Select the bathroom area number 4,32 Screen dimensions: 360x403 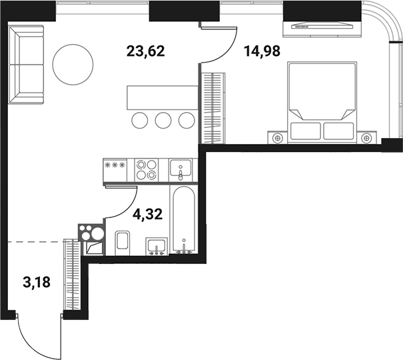(x=149, y=215)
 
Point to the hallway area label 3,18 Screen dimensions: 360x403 (x=37, y=282)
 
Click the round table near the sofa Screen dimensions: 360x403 (x=72, y=65)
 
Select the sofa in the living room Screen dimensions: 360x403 (x=27, y=65)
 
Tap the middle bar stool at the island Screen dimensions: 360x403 (x=163, y=121)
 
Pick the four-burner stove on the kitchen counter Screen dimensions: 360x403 (x=147, y=169)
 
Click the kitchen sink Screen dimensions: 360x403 (x=181, y=169)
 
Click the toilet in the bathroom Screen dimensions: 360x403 (x=122, y=241)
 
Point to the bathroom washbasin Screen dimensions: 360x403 (x=157, y=246)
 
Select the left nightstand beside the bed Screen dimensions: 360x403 (x=278, y=137)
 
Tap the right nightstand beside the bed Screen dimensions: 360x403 (x=367, y=137)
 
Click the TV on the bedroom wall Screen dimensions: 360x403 (x=320, y=26)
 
